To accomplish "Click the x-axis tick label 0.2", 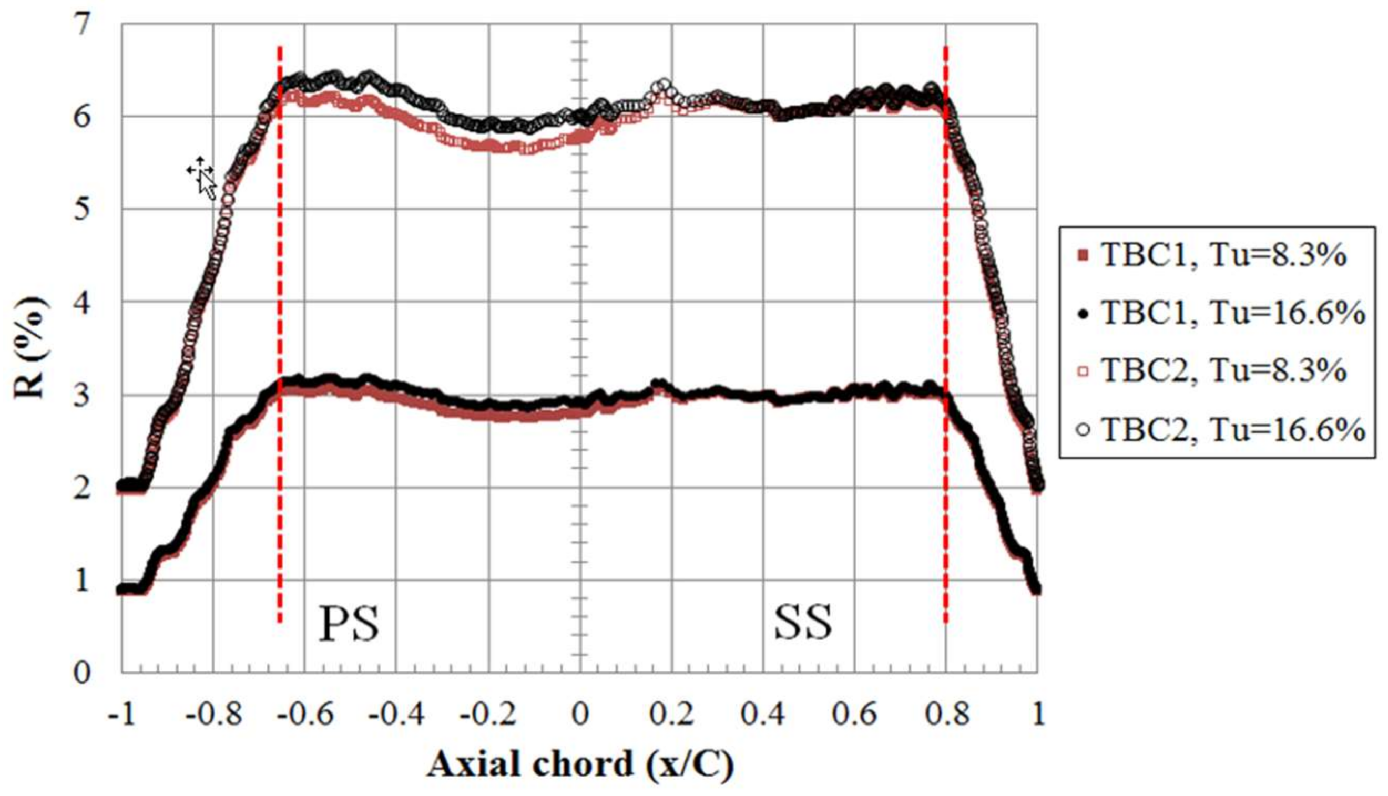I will pyautogui.click(x=672, y=714).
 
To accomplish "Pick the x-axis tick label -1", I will pyautogui.click(x=121, y=714).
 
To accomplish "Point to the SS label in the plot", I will pyautogui.click(x=802, y=623).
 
